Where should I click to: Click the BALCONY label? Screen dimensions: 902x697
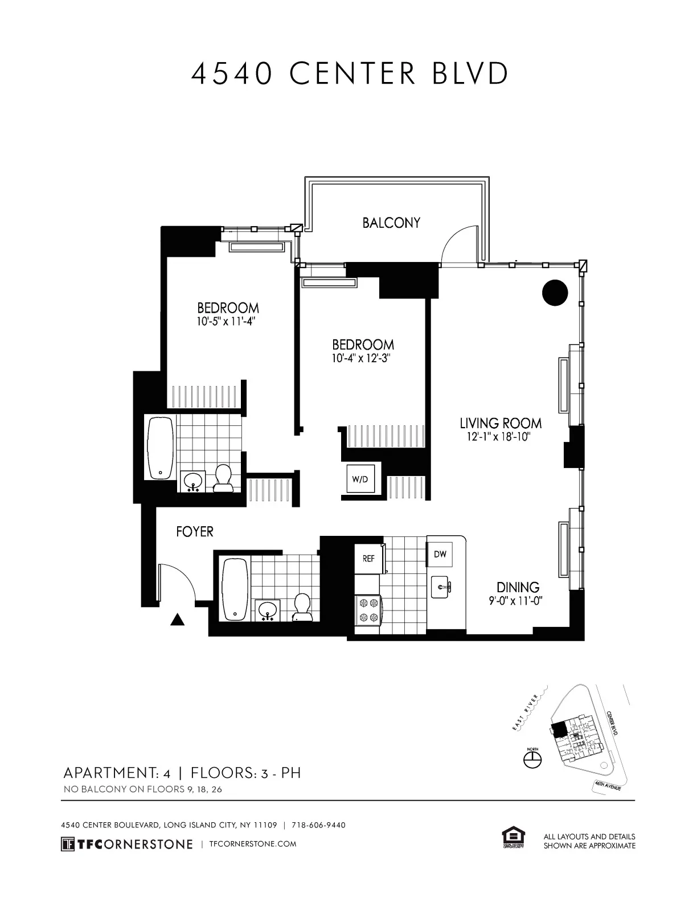point(391,223)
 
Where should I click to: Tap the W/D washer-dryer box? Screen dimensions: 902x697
point(360,479)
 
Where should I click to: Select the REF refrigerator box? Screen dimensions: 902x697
point(368,559)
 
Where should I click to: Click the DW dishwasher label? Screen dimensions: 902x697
point(440,554)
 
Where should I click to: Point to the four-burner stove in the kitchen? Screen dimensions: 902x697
point(367,610)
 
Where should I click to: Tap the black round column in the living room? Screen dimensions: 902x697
point(555,293)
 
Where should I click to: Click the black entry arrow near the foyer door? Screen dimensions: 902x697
point(178,620)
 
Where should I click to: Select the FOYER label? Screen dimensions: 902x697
point(195,532)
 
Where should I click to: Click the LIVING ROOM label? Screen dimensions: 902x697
point(501,423)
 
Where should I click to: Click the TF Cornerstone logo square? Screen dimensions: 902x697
point(68,844)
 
